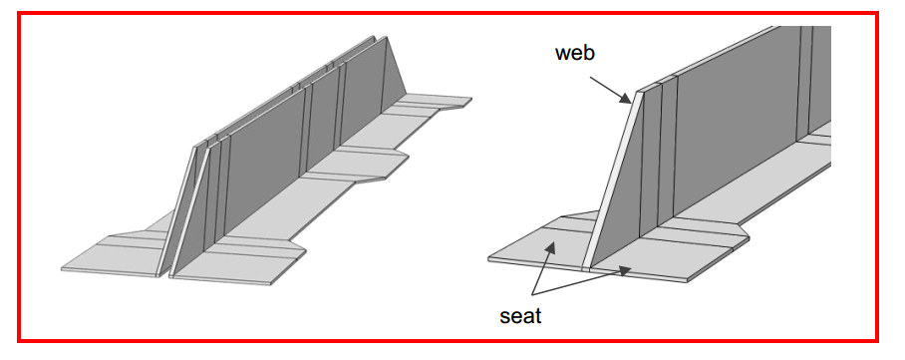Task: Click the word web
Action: (x=574, y=53)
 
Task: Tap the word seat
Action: (x=519, y=316)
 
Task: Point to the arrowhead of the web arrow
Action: (x=626, y=100)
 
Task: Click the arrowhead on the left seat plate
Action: (x=550, y=248)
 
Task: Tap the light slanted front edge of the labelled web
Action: (x=613, y=180)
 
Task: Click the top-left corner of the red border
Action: (x=19, y=13)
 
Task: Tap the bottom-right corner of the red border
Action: (x=876, y=340)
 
